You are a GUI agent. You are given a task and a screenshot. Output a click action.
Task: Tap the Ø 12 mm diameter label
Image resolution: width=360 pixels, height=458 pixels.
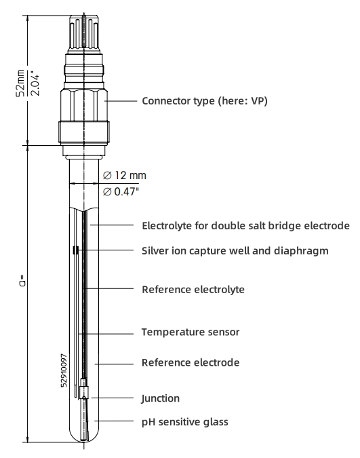[x=124, y=176]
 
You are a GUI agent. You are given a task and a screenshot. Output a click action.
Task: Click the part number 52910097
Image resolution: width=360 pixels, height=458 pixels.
[x=64, y=370]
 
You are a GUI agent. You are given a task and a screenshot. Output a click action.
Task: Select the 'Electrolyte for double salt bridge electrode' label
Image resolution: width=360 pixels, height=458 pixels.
[x=245, y=225]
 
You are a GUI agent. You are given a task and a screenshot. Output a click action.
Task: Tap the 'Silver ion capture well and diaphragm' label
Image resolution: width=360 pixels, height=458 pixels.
[x=235, y=250]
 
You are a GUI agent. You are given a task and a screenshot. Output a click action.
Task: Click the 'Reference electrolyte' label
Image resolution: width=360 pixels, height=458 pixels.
[x=193, y=290]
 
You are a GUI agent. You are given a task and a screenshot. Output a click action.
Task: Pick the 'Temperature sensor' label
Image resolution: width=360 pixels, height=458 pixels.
[x=190, y=332]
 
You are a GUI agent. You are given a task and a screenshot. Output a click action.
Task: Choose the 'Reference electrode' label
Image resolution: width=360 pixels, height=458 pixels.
[x=190, y=362]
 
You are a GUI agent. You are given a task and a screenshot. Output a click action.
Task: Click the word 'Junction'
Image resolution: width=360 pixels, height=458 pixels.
[x=161, y=398]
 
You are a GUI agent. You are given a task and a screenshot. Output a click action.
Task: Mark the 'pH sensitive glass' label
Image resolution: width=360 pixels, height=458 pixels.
[x=184, y=421]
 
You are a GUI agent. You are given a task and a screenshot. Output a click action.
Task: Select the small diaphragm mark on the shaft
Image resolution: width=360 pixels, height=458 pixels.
[x=73, y=252]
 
